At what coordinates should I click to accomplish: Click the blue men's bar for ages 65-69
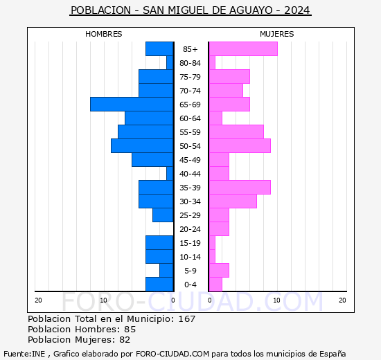132,105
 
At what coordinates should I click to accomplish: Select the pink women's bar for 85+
243,49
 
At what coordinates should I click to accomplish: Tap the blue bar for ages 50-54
142,146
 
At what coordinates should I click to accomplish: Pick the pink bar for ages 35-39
240,188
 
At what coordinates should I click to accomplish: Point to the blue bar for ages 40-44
170,174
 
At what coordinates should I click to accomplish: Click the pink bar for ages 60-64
215,118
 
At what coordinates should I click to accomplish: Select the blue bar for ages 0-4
159,285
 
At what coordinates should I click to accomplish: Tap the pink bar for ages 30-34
233,201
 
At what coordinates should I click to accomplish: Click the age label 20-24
190,229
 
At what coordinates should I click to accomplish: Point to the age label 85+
190,49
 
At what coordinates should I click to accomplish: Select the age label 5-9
190,271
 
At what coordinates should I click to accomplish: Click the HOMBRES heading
104,34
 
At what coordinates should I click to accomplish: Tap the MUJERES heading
277,34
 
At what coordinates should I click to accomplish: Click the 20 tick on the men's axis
38,300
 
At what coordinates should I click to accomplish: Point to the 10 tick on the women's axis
276,300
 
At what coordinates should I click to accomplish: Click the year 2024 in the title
297,10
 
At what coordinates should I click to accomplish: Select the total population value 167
187,318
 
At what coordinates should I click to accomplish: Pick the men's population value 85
130,329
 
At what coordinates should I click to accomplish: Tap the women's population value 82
125,340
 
